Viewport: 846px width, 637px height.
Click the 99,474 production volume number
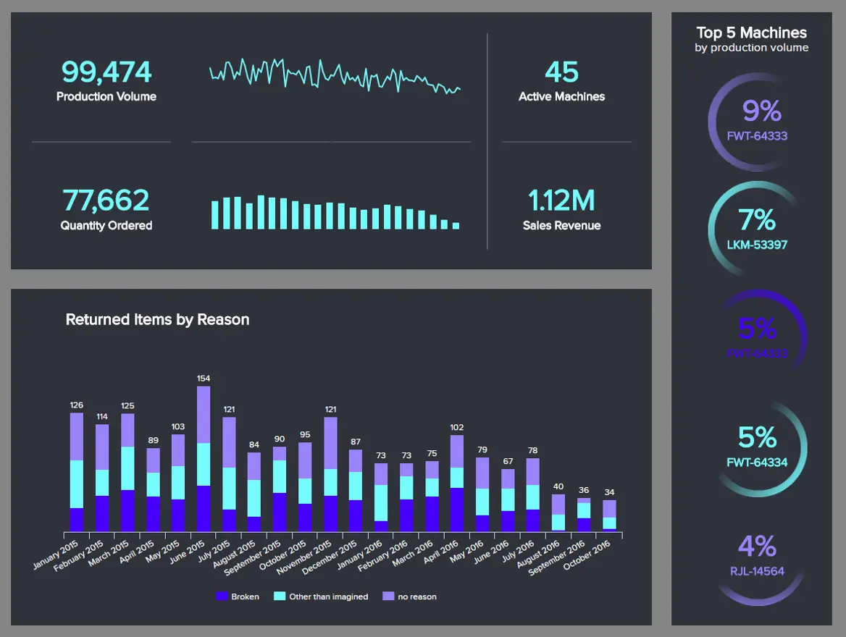tap(106, 72)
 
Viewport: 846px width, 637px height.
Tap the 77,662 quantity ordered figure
tap(106, 201)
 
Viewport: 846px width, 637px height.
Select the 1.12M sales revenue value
tap(561, 201)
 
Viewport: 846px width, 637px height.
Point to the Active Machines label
tap(561, 96)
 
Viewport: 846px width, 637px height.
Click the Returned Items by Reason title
tap(157, 319)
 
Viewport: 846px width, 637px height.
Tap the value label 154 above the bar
tap(204, 378)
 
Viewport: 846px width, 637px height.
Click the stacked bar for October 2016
tap(610, 515)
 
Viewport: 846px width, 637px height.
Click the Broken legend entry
tap(238, 596)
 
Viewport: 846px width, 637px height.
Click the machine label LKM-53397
tap(757, 245)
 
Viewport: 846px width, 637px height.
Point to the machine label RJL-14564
tap(757, 571)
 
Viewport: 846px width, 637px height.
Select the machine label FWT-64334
tap(757, 462)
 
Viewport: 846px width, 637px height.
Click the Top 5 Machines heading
tap(751, 33)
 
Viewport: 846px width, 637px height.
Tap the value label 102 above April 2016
tap(456, 427)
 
